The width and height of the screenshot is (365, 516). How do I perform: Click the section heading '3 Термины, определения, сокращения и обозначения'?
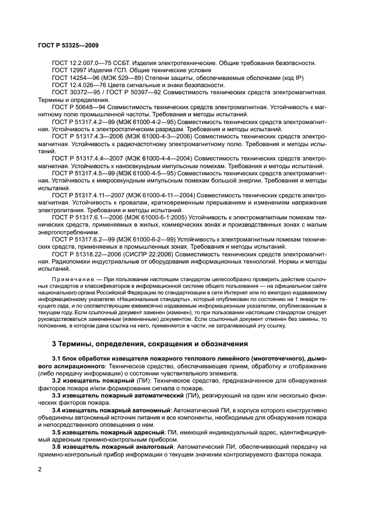tap(152, 343)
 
